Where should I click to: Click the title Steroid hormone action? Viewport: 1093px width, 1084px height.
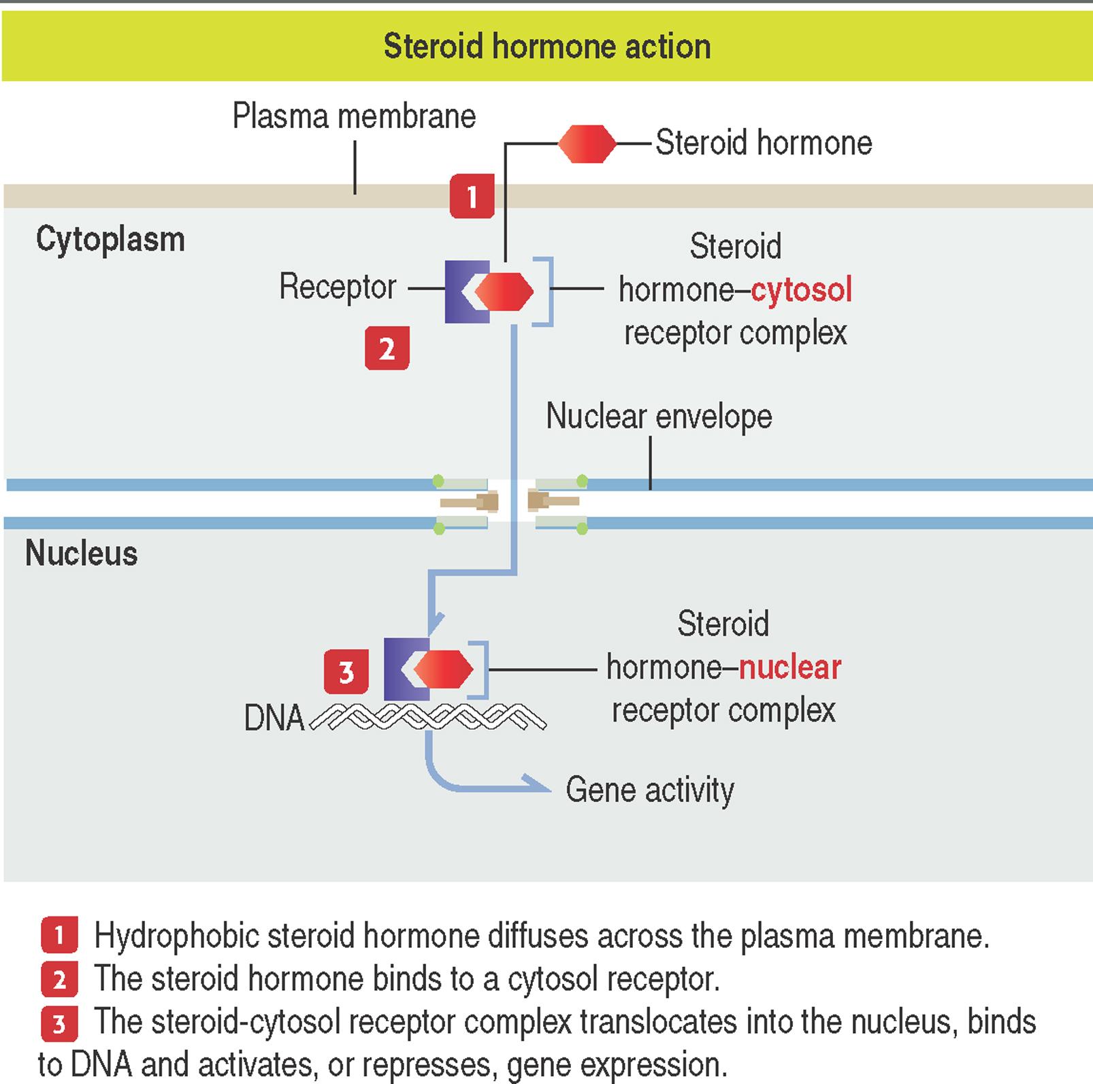546,46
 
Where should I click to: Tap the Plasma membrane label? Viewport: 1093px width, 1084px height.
354,116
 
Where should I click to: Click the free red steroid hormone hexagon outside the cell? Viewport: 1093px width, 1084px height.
587,144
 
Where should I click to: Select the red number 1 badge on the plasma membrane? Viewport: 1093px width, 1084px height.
472,196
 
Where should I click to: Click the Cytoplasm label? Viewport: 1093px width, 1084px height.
110,240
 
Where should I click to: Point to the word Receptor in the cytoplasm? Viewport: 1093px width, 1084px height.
338,287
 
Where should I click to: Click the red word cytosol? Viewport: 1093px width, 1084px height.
801,290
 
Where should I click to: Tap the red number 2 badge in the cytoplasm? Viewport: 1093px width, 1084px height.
387,348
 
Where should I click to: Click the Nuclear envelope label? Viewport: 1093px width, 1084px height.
659,416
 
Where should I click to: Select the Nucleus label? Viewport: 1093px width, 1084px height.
82,553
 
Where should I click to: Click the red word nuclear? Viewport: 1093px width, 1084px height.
789,667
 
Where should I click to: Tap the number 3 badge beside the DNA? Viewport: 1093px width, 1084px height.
346,671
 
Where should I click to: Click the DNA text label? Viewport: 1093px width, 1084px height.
274,718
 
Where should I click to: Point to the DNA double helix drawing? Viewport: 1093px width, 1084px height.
429,716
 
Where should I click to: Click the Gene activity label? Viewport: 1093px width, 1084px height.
649,790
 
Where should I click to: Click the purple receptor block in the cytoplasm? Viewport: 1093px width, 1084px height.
457,291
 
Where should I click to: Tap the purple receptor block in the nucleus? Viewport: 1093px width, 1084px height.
397,669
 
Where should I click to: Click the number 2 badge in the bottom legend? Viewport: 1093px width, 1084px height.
59,980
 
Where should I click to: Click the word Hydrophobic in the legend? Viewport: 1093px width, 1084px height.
176,936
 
